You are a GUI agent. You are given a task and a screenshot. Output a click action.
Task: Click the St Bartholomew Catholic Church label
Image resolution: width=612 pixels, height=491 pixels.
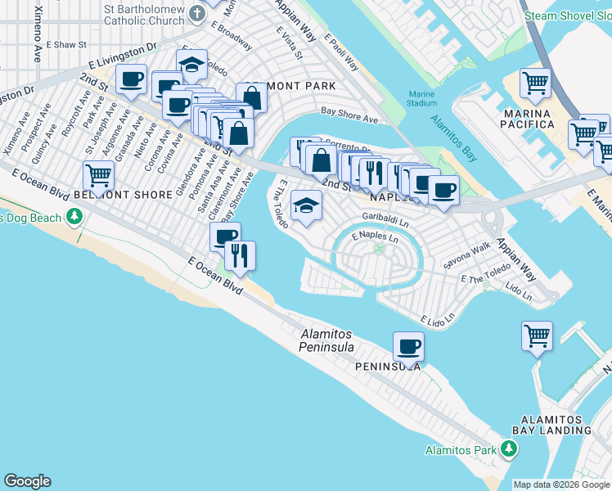[x=144, y=16]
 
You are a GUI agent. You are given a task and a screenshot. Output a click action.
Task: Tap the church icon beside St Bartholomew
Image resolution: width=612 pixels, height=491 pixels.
[x=196, y=13]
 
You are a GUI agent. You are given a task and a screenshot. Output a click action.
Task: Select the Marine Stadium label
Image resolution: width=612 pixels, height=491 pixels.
[x=422, y=98]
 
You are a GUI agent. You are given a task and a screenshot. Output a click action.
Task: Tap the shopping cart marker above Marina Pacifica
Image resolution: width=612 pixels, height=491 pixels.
[x=535, y=82]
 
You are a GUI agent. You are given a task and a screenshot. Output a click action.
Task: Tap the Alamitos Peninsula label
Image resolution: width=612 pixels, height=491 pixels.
[x=327, y=340]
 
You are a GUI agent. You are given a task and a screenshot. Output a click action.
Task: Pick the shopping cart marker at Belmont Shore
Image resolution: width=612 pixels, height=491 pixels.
[x=98, y=173]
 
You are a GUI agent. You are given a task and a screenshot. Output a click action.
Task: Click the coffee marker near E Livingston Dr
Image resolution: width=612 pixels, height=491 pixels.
[x=131, y=79]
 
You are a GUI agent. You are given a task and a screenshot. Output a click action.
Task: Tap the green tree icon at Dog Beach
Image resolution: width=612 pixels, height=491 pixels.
[x=75, y=216]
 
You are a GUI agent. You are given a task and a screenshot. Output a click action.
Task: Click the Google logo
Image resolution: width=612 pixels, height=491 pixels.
[x=27, y=481]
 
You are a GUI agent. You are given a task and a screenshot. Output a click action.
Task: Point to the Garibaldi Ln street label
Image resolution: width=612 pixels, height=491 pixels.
[x=385, y=218]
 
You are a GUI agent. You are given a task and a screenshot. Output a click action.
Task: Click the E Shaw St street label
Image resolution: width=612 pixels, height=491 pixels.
[x=65, y=44]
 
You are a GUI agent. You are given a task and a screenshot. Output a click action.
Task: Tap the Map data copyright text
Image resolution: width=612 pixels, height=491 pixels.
[x=561, y=484]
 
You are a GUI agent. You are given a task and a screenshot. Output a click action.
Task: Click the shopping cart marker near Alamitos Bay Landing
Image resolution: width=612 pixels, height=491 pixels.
[x=537, y=335]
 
